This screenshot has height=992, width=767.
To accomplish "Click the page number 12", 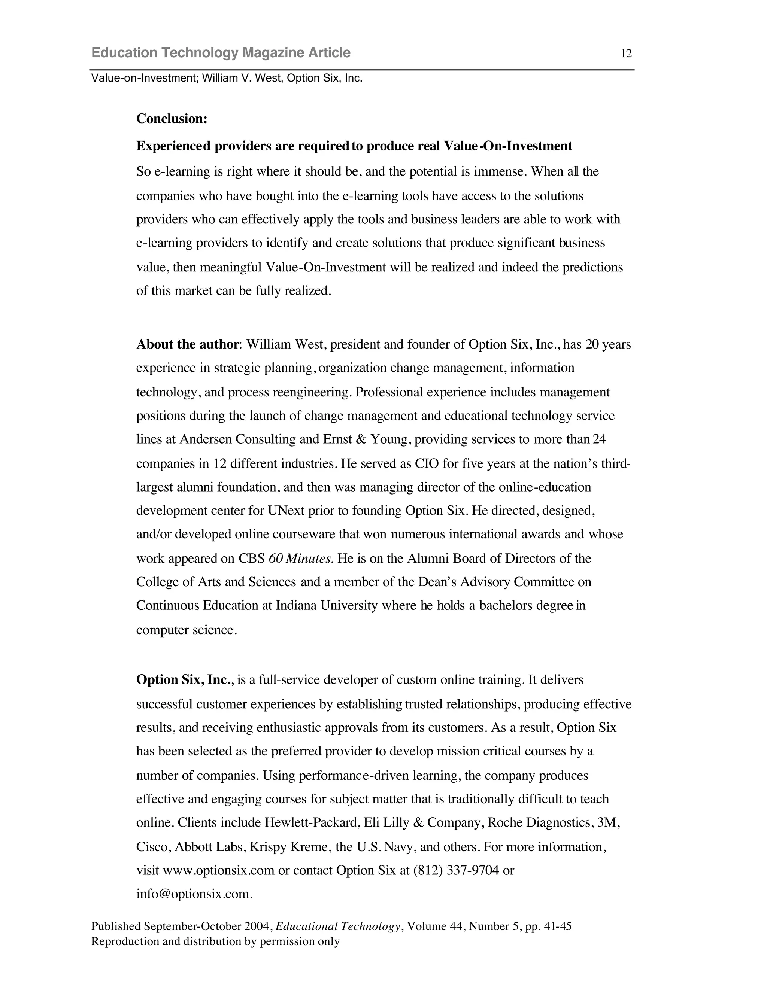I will click(626, 54).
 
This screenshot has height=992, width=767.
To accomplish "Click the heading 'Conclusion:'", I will click(172, 119).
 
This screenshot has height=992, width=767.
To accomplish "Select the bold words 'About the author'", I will click(187, 344).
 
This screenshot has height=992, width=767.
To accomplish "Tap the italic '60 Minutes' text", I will click(300, 558).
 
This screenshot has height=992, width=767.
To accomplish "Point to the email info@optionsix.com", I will click(194, 894).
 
